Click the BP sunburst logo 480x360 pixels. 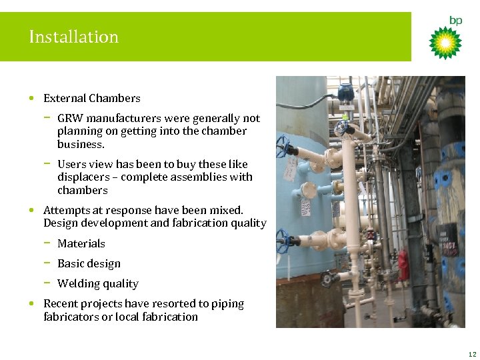click(x=445, y=43)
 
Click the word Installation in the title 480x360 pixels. click(x=73, y=37)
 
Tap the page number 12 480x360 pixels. click(x=472, y=354)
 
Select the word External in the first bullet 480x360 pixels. click(x=65, y=99)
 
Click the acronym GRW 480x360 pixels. click(x=70, y=119)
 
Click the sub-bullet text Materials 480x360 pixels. click(x=81, y=244)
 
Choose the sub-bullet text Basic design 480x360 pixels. click(x=89, y=264)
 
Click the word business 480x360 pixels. click(x=81, y=145)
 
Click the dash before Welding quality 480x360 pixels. click(x=48, y=283)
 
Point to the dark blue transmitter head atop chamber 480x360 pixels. click(x=345, y=93)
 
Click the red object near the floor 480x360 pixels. click(x=402, y=257)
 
